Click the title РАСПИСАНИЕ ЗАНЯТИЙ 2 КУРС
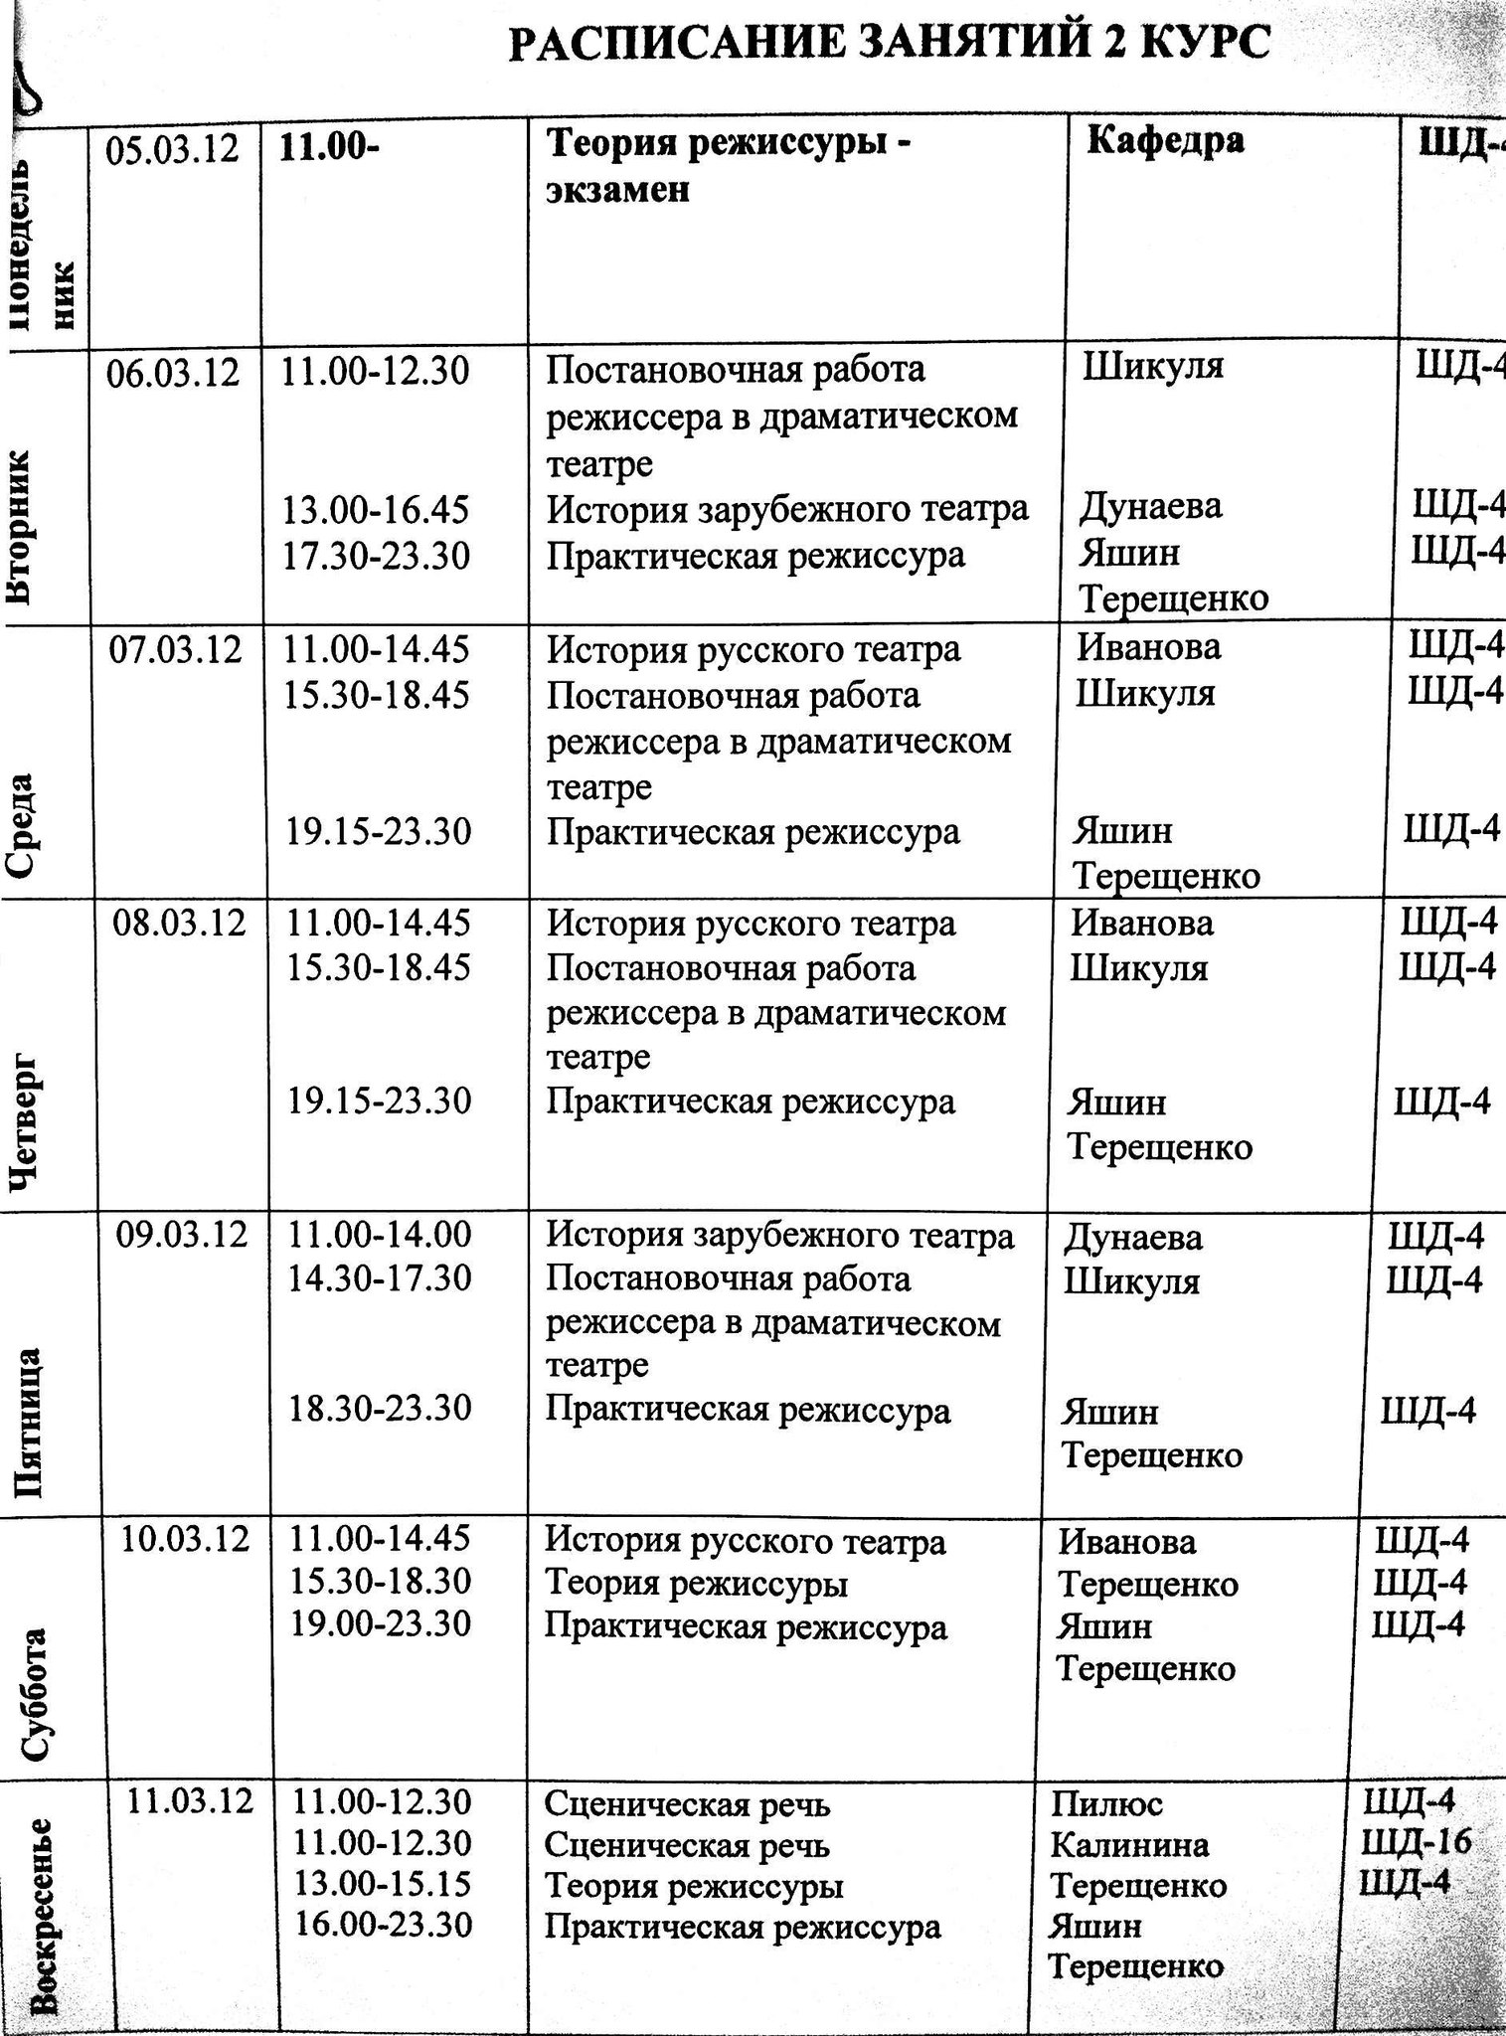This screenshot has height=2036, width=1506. (890, 45)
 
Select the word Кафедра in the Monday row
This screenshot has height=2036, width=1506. (1165, 140)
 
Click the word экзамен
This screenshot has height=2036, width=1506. (617, 189)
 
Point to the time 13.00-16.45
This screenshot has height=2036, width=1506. (377, 510)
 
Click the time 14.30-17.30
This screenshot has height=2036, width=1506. (380, 1277)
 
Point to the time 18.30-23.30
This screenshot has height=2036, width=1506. (380, 1409)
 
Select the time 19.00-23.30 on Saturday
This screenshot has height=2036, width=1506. (380, 1624)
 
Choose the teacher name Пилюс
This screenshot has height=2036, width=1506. (1106, 1803)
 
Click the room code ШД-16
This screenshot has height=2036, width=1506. (1416, 1842)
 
